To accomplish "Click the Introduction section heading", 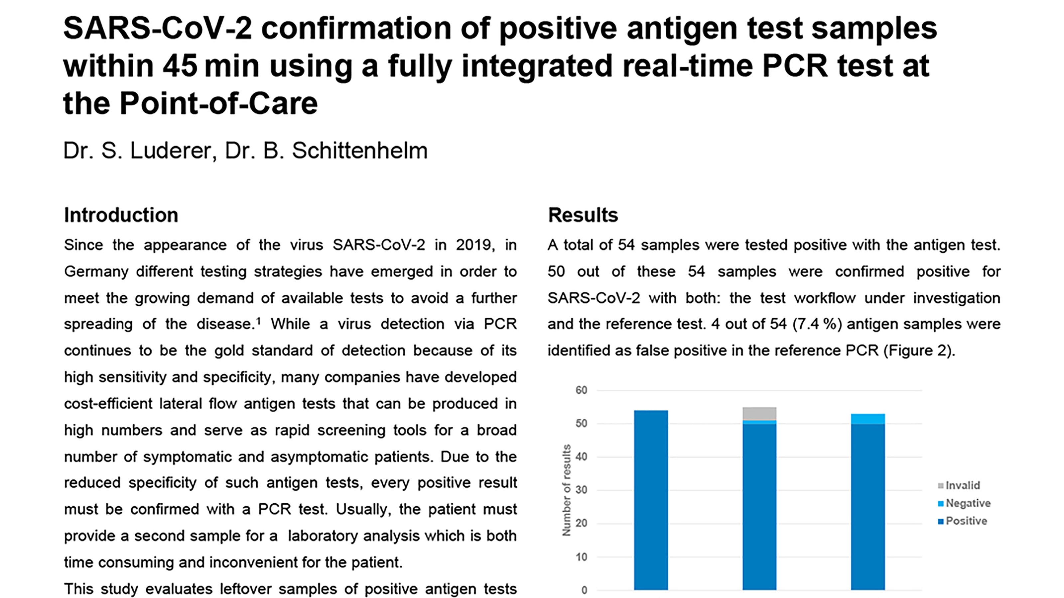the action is [121, 215].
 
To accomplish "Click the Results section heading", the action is [583, 215].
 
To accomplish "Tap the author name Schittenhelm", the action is [360, 150].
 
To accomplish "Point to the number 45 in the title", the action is [180, 66].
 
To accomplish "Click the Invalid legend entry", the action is [959, 485].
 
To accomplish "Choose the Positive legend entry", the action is [962, 521].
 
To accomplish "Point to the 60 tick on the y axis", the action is [581, 390].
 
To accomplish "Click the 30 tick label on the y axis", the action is [581, 490].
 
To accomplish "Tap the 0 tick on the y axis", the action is [584, 590].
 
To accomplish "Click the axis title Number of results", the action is [567, 490].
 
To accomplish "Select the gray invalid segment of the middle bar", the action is [759, 414].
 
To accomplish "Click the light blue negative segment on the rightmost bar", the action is [868, 419].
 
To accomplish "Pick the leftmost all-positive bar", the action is [651, 500].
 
